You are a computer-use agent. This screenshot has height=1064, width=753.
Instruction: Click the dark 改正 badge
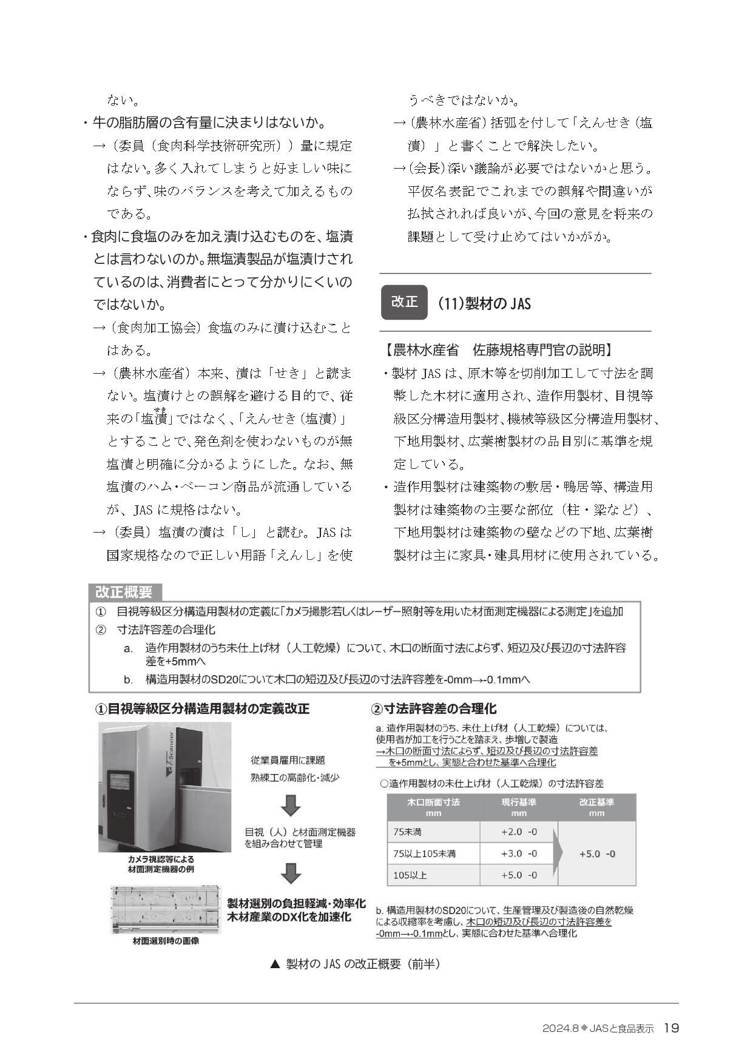[x=404, y=302]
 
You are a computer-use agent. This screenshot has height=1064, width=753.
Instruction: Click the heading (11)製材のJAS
[x=484, y=303]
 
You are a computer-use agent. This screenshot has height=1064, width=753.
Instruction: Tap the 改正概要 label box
[x=124, y=591]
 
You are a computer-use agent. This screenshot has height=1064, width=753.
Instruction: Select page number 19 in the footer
[x=671, y=1028]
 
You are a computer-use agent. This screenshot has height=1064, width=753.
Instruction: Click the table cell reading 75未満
[x=433, y=832]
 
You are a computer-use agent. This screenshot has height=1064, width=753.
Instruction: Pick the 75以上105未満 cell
[x=433, y=854]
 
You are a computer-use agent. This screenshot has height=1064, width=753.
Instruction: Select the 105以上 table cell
[x=433, y=875]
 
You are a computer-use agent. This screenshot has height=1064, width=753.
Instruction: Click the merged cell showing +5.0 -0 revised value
[x=597, y=854]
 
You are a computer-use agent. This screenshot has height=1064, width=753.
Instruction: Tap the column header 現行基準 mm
[x=519, y=807]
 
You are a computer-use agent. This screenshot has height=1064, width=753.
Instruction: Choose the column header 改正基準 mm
[x=597, y=807]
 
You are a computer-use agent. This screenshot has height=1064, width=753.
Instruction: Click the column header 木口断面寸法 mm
[x=433, y=807]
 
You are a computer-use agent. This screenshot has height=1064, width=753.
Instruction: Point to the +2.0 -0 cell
[x=519, y=832]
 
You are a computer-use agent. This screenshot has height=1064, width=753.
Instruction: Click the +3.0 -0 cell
[x=519, y=854]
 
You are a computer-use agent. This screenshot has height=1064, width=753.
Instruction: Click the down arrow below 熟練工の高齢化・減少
[x=291, y=805]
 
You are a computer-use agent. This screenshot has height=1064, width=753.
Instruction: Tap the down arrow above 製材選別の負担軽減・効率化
[x=291, y=874]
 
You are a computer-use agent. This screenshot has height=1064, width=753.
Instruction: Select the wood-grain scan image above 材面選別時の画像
[x=165, y=910]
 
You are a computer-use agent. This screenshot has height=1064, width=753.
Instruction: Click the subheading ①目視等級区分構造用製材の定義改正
[x=202, y=709]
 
